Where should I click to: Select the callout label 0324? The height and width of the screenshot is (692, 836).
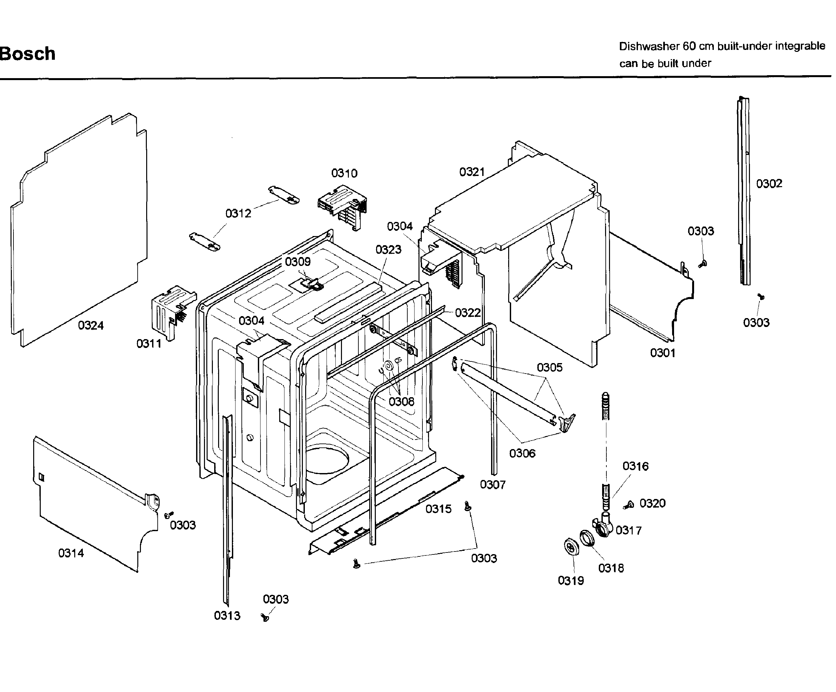tap(90, 326)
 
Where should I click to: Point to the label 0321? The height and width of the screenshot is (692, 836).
tap(472, 172)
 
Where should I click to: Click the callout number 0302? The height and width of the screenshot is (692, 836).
tap(769, 184)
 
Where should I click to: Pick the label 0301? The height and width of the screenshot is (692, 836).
tap(663, 353)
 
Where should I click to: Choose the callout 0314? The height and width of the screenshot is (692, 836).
tap(71, 553)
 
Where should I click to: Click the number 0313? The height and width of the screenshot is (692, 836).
tap(227, 616)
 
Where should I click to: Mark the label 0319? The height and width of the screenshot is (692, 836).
tap(571, 581)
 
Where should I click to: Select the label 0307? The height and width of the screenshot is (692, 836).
tap(492, 485)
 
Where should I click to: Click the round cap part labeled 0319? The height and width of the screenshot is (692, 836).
tap(572, 546)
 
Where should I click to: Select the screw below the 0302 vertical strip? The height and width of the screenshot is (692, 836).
tap(761, 296)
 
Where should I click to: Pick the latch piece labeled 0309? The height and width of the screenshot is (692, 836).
tap(312, 283)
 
